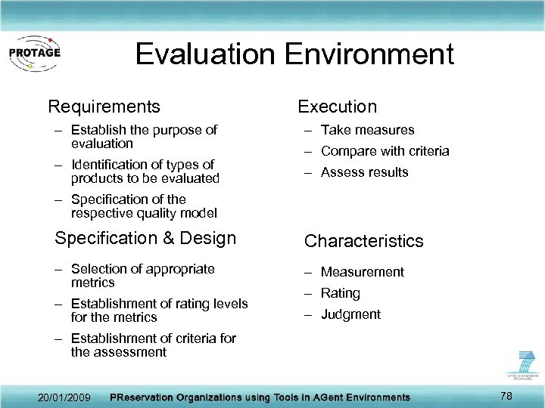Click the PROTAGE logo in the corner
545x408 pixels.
tap(33, 52)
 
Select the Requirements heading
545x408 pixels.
tap(104, 107)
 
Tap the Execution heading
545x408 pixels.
tap(337, 107)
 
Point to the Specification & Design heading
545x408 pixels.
tap(145, 239)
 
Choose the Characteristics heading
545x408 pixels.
tap(363, 241)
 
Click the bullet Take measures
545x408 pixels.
tap(367, 130)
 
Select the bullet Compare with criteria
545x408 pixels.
tap(385, 151)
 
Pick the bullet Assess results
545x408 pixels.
tap(364, 172)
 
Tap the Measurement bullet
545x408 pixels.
tap(362, 272)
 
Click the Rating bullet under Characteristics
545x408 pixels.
tap(340, 293)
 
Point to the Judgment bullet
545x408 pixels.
tap(350, 314)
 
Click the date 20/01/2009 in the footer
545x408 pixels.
tap(64, 397)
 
